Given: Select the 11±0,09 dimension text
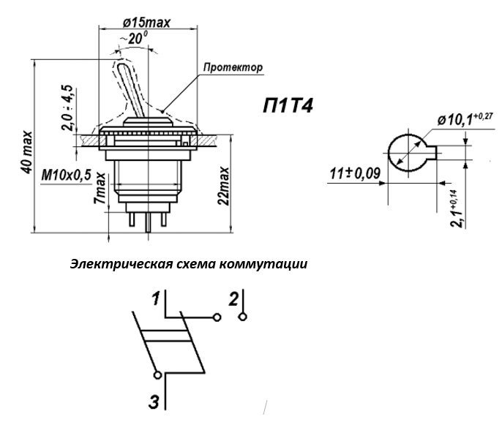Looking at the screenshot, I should (353, 174).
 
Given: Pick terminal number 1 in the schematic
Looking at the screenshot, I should (155, 298).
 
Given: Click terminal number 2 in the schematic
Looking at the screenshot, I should (233, 298).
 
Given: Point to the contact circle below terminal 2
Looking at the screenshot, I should (242, 317).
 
